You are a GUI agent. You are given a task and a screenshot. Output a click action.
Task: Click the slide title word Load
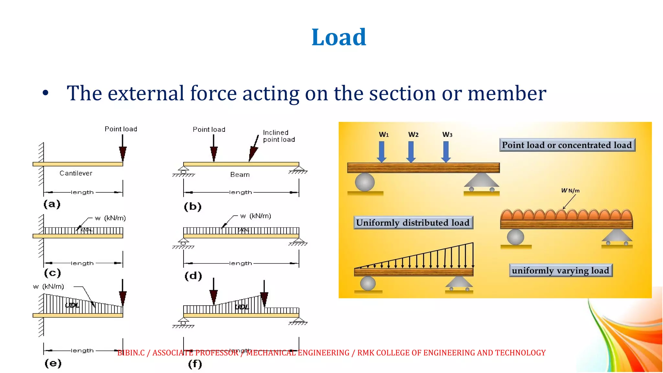click(x=339, y=37)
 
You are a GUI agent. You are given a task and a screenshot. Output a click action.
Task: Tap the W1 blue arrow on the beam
click(x=382, y=152)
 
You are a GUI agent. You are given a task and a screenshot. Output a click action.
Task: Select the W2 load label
click(x=413, y=135)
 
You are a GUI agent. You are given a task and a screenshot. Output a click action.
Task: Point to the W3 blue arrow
click(x=446, y=152)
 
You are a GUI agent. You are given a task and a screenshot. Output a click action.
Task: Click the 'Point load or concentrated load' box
click(x=567, y=145)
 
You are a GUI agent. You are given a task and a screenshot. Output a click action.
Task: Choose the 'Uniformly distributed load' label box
click(x=413, y=223)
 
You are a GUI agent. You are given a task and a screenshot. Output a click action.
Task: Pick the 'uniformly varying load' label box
click(x=560, y=270)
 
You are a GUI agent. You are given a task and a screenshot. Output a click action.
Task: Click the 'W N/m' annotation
click(x=570, y=191)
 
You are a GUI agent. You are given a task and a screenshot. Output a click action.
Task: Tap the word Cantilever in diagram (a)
click(x=76, y=173)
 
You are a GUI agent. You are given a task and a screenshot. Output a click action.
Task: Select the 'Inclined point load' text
click(x=279, y=136)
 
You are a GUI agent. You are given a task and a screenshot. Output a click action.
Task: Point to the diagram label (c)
click(x=52, y=273)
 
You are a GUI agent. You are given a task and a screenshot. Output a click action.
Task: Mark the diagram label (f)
click(x=195, y=364)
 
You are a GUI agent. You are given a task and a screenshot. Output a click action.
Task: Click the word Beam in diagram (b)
click(x=240, y=175)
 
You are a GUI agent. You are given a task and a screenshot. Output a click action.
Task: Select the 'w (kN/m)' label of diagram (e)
click(x=49, y=287)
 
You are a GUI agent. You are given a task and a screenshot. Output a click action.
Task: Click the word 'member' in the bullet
click(x=507, y=93)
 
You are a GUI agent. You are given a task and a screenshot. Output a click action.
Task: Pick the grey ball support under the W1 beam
click(x=365, y=182)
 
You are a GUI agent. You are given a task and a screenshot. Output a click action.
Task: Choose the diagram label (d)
click(x=193, y=276)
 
